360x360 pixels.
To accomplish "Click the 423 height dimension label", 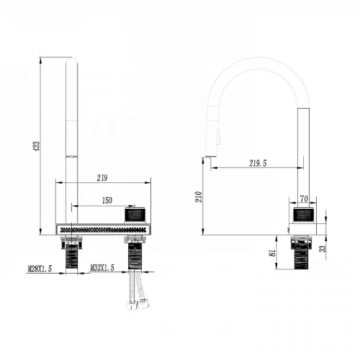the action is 37,146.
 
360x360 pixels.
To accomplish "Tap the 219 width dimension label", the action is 102,178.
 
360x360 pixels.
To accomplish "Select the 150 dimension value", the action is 107,200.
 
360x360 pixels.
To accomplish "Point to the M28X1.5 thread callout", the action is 40,269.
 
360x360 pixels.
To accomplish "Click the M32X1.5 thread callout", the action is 102,268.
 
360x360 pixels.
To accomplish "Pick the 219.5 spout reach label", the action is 258,163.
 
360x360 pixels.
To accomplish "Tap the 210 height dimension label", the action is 199,197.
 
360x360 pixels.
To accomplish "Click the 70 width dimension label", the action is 304,199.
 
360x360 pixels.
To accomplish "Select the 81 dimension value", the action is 272,253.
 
